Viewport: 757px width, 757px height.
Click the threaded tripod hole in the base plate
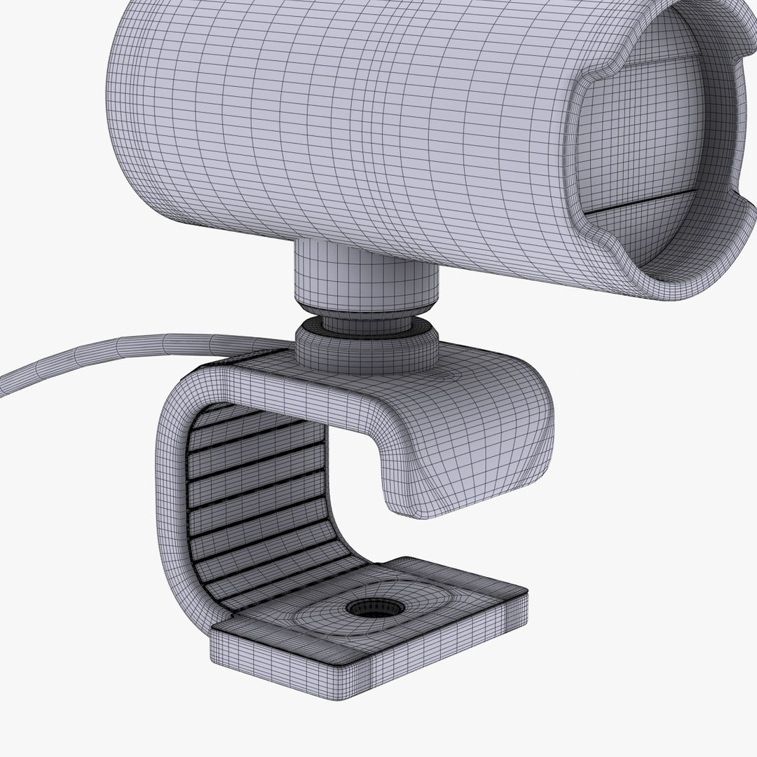[373, 607]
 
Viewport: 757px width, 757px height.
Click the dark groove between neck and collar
[364, 321]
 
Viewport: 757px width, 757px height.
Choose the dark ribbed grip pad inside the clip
[259, 505]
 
